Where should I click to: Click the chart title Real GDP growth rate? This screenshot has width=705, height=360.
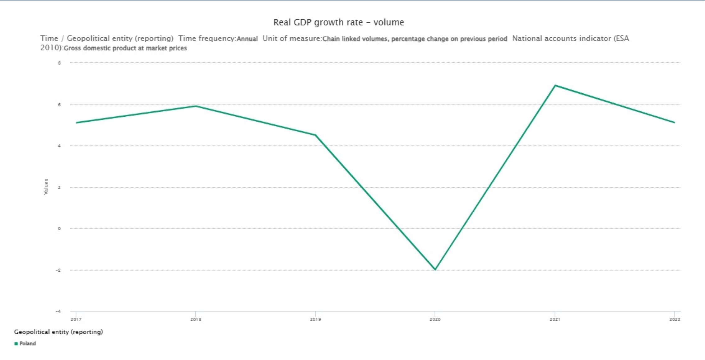[338, 22]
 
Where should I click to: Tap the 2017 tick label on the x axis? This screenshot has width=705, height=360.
[76, 319]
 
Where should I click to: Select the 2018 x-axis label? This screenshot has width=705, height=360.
[196, 319]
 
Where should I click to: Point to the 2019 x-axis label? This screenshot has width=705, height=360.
[315, 319]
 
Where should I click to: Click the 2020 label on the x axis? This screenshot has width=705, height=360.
[435, 319]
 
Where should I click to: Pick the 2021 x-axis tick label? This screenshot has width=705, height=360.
[555, 319]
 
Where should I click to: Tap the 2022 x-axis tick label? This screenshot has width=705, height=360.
[675, 319]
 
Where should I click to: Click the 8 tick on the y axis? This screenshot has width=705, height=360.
[59, 63]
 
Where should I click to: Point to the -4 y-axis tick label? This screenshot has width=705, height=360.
[58, 311]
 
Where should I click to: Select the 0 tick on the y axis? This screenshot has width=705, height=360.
[59, 229]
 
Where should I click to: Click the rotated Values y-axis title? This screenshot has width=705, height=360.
[46, 187]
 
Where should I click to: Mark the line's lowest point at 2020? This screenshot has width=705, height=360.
[435, 269]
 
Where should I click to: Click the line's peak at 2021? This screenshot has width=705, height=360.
[555, 85]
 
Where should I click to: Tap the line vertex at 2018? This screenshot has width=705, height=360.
[196, 106]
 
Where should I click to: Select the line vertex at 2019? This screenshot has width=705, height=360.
[315, 135]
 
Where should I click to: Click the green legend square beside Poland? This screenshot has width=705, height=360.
[16, 344]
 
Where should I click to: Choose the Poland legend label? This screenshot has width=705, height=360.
[28, 344]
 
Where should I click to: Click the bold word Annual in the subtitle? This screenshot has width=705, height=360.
[247, 39]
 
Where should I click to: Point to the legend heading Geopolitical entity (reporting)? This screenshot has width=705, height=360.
[58, 332]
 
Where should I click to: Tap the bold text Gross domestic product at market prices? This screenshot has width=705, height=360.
[125, 48]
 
